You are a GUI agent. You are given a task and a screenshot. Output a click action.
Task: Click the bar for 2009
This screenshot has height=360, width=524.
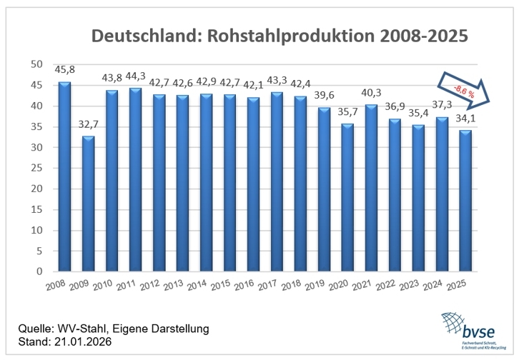tap(87, 204)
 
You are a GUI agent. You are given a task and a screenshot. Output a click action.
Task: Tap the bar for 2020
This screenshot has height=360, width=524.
tap(348, 197)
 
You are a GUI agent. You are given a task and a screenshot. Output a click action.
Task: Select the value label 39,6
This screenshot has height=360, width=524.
tap(325, 96)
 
